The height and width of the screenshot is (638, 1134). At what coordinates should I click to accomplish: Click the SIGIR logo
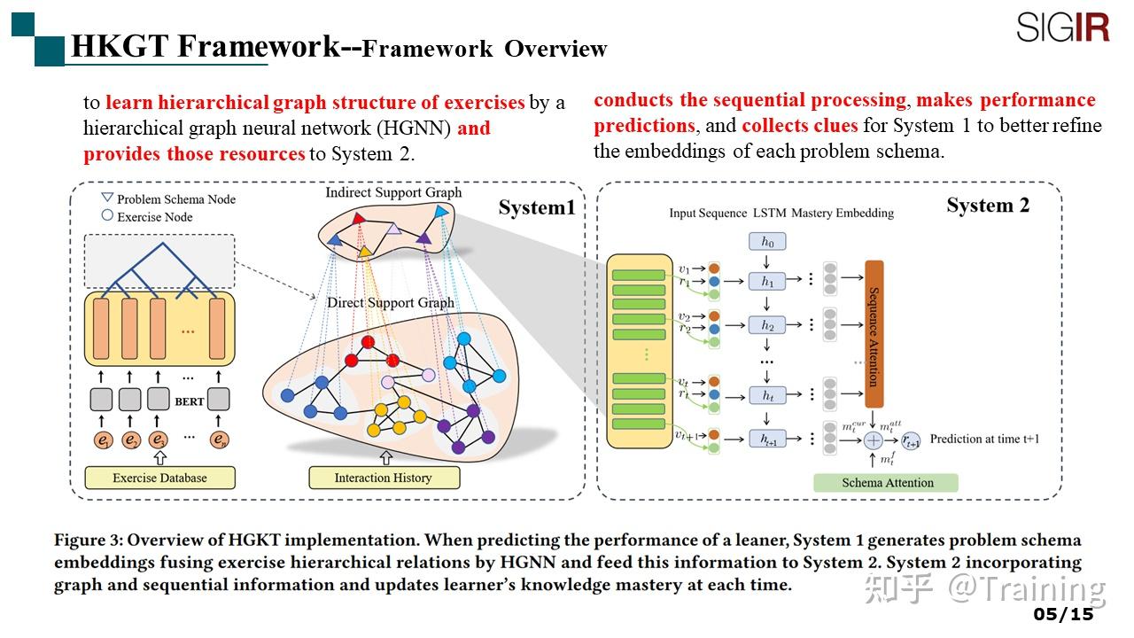tap(1062, 27)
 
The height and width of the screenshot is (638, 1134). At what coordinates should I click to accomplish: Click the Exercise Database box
tap(159, 478)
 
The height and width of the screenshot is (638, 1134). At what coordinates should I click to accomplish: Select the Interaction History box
tap(384, 478)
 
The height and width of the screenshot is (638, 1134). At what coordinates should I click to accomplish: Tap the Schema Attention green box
tap(887, 483)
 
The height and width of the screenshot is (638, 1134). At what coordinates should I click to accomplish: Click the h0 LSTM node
tap(767, 242)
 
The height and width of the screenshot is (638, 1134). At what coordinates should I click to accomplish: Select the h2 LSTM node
tap(767, 325)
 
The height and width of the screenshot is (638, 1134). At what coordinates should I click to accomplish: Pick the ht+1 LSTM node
tap(767, 439)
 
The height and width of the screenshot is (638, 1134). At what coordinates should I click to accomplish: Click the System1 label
tap(536, 207)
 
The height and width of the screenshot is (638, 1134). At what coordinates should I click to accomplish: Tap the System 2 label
tap(987, 206)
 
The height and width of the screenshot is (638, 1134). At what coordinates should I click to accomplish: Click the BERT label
tap(190, 401)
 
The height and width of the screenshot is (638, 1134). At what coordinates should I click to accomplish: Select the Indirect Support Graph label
tap(393, 192)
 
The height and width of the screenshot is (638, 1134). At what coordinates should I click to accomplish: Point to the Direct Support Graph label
tap(391, 302)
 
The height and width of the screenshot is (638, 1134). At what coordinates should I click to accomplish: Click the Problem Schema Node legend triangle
tap(107, 198)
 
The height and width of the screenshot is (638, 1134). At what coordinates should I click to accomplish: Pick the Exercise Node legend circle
tap(107, 215)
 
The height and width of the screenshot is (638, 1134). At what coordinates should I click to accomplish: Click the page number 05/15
tap(1063, 614)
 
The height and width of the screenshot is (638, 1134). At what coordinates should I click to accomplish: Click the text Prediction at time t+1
tap(984, 439)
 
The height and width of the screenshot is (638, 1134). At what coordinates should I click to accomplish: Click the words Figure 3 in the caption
tap(88, 540)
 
